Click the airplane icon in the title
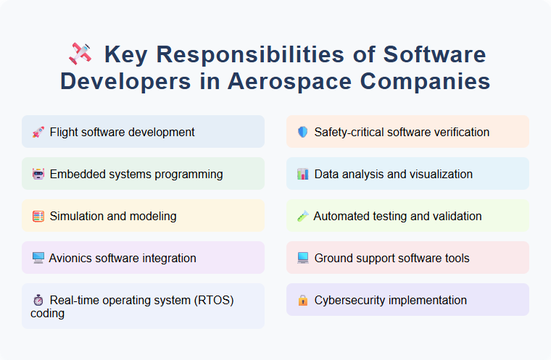pyautogui.click(x=80, y=54)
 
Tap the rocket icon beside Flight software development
pyautogui.click(x=38, y=132)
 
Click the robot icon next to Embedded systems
pyautogui.click(x=38, y=174)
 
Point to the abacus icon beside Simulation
pyautogui.click(x=38, y=216)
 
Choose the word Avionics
pyautogui.click(x=72, y=258)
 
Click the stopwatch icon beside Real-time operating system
pyautogui.click(x=38, y=300)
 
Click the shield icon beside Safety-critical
pyautogui.click(x=303, y=132)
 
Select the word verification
pyautogui.click(x=457, y=132)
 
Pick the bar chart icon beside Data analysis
pyautogui.click(x=303, y=174)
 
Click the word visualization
pyautogui.click(x=439, y=174)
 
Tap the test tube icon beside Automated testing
pyautogui.click(x=303, y=216)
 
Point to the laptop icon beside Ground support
pyautogui.click(x=303, y=258)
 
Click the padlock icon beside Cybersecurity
pyautogui.click(x=303, y=300)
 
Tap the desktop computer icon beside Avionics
pyautogui.click(x=38, y=258)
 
